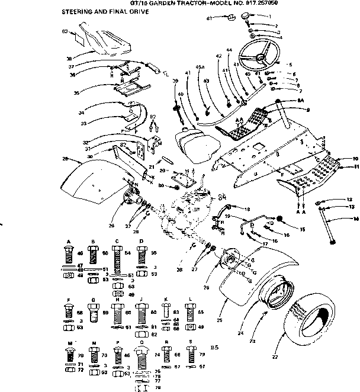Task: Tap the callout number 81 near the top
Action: click(x=209, y=19)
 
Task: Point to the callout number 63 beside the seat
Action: click(x=65, y=30)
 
